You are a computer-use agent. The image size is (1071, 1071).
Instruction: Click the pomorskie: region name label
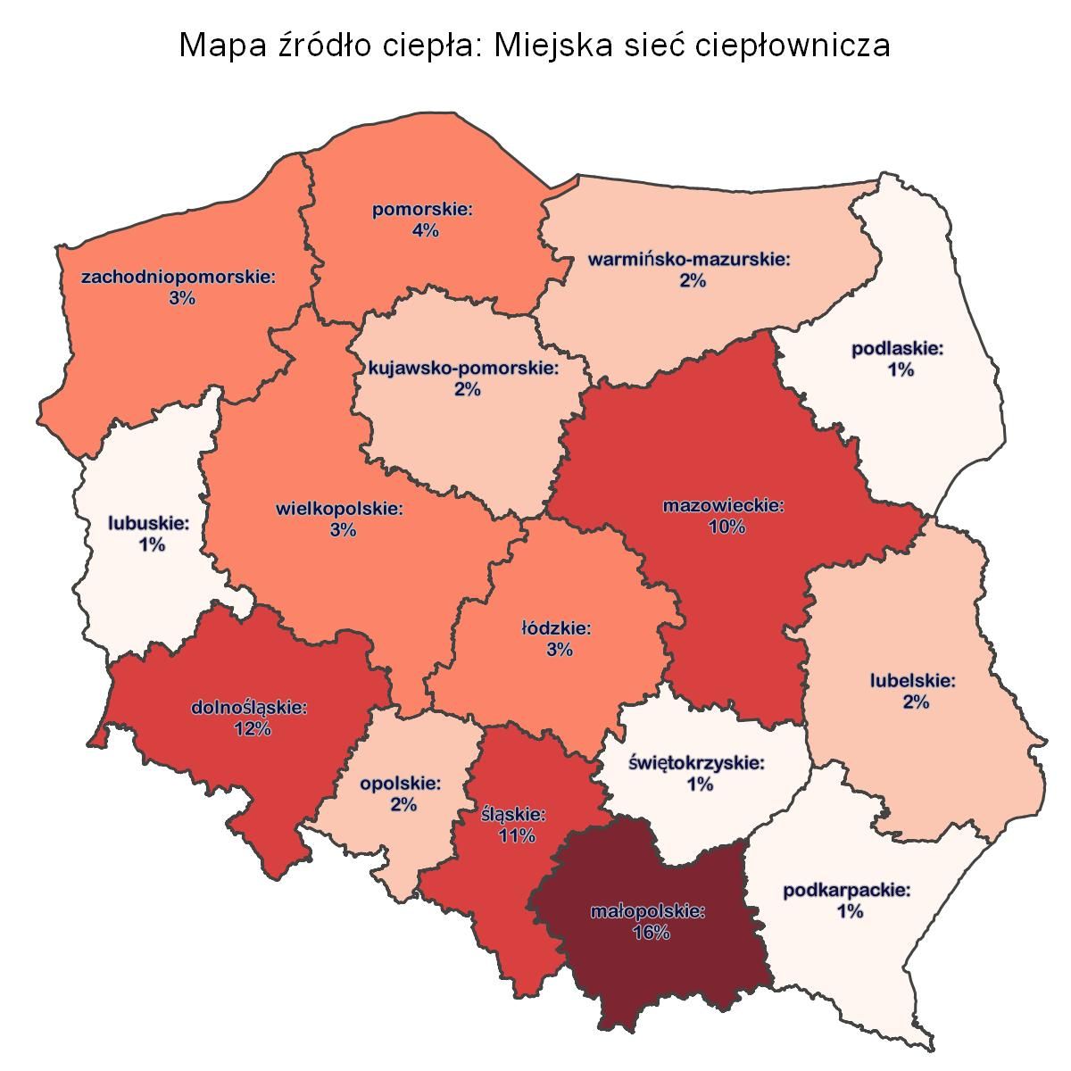pyautogui.click(x=422, y=211)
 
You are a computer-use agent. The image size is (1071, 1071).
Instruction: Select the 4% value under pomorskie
pyautogui.click(x=424, y=231)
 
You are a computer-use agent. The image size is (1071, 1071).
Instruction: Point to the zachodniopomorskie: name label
pyautogui.click(x=178, y=277)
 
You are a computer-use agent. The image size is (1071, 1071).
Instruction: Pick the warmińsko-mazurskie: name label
pyautogui.click(x=690, y=260)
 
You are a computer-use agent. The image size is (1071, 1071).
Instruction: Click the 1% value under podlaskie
pyautogui.click(x=901, y=369)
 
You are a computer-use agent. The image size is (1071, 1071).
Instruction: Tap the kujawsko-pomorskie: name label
pyautogui.click(x=464, y=368)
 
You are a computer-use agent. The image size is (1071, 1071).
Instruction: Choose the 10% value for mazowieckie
pyautogui.click(x=726, y=527)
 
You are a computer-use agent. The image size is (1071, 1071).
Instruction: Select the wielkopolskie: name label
pyautogui.click(x=340, y=510)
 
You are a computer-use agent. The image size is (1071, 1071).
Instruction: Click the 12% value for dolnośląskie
pyautogui.click(x=251, y=729)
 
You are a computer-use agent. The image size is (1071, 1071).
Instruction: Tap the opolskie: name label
pyautogui.click(x=401, y=785)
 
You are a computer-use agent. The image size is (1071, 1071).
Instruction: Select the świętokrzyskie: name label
pyautogui.click(x=697, y=763)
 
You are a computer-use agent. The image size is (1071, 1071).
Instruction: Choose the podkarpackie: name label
pyautogui.click(x=847, y=891)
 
